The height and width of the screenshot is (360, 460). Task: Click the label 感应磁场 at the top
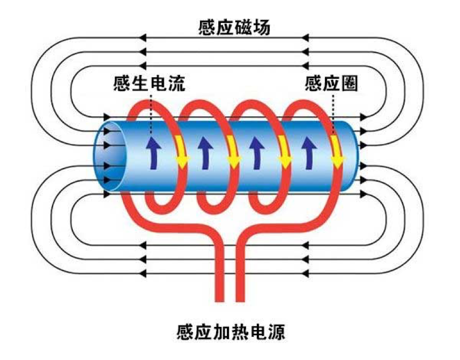(232, 28)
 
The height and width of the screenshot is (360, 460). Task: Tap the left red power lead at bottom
(219, 279)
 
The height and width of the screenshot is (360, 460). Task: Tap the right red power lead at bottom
(241, 279)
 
